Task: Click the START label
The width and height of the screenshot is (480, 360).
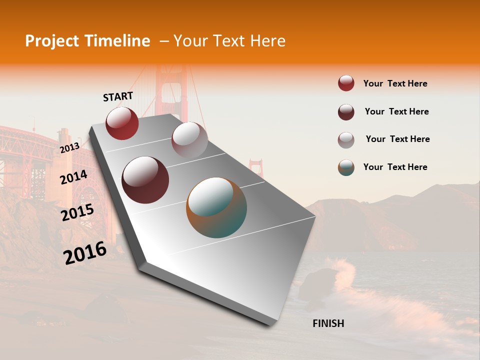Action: pos(118,96)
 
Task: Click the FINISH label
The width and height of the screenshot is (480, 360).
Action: pos(328,323)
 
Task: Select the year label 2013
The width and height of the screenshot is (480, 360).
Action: pos(70,147)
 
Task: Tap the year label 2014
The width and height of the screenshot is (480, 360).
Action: pos(74,177)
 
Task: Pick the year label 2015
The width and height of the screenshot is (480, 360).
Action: pos(77,212)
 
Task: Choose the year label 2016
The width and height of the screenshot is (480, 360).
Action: pos(85,252)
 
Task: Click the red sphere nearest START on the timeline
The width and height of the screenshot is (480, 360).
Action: pos(122,123)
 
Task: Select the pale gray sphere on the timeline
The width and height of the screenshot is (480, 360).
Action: pos(189,139)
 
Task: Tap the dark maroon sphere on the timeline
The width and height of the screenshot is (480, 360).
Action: pos(145,180)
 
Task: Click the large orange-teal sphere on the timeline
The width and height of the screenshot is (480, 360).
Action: pos(216,207)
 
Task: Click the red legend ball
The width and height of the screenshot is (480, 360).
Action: pos(346,83)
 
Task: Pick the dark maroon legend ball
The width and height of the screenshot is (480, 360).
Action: pos(346,112)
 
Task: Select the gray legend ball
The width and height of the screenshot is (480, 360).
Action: pos(346,140)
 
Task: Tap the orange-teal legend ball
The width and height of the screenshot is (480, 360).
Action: pos(346,167)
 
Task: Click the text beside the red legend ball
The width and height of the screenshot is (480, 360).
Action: pos(395,83)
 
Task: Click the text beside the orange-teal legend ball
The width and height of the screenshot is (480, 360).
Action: pos(395,167)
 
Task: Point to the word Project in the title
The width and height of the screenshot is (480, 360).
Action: pos(52,41)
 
